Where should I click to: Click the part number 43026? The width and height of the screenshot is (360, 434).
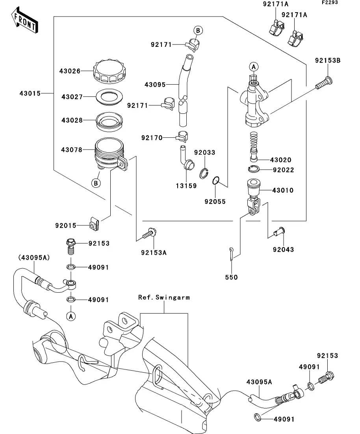(x=70, y=71)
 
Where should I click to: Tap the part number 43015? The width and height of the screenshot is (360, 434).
(x=30, y=93)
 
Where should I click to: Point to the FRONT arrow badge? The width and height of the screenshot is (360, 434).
(x=24, y=22)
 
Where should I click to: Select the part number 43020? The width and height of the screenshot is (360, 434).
(x=281, y=160)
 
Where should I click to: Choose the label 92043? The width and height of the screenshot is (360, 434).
(x=283, y=249)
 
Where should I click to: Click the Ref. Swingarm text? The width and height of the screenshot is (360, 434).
(x=164, y=297)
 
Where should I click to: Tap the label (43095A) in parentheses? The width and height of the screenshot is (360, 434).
(x=33, y=257)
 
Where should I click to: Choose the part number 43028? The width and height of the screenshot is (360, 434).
(x=72, y=120)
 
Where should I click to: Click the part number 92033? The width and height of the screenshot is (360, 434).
(x=204, y=153)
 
